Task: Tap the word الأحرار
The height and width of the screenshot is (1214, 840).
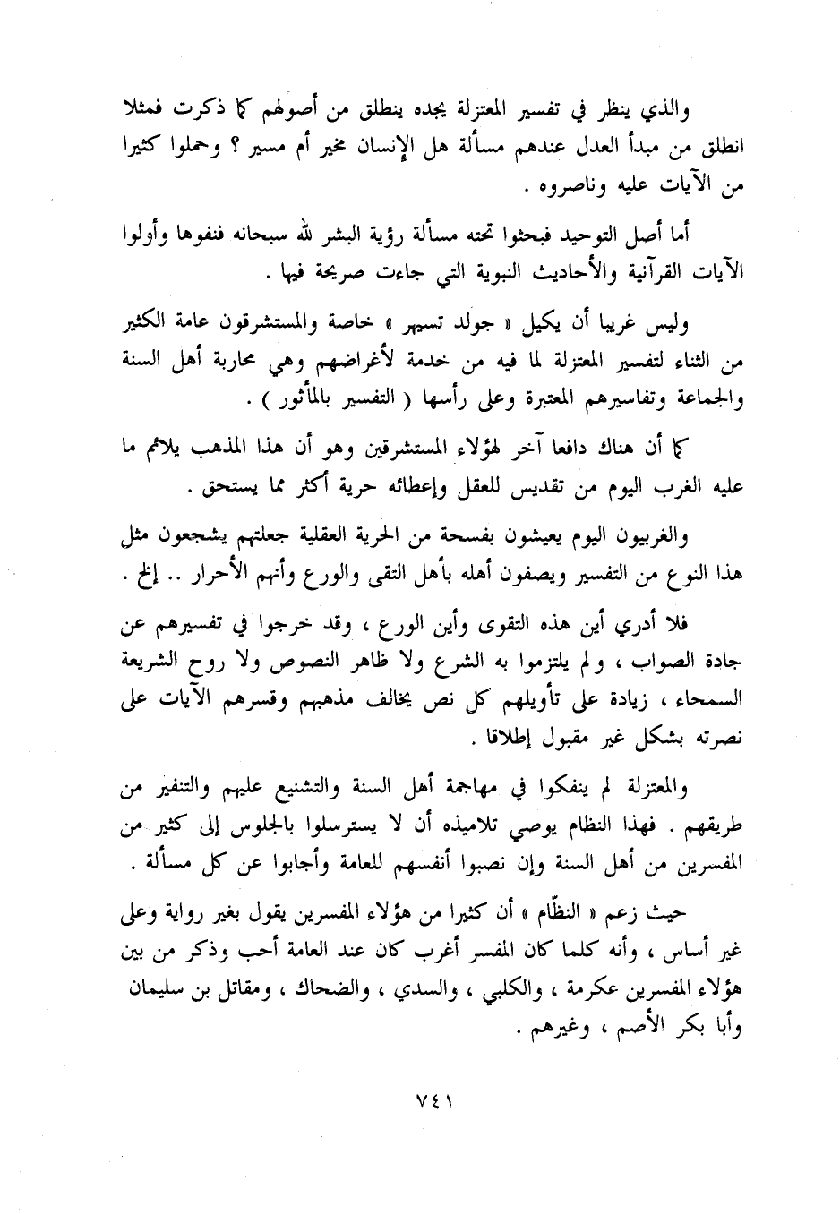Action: (x=211, y=577)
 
